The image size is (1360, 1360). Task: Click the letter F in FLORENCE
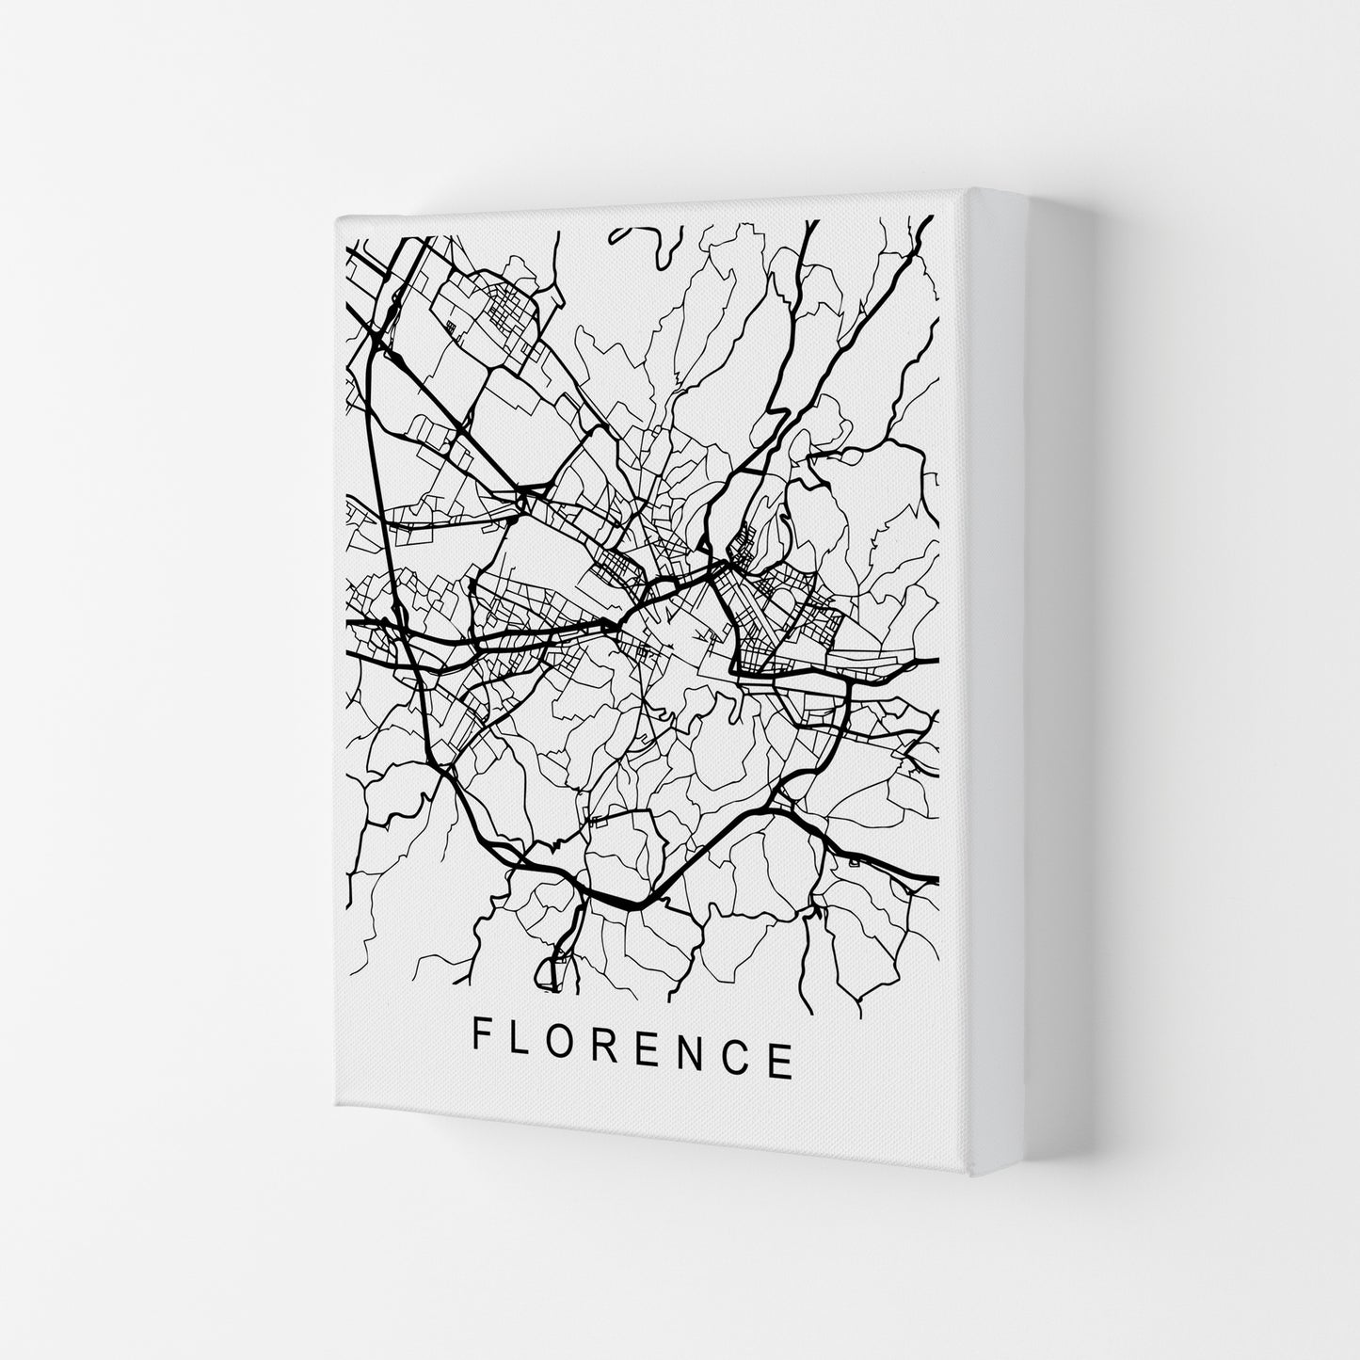(480, 1036)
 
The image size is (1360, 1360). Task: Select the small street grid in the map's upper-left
(508, 311)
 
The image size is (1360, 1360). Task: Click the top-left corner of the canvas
(336, 216)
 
